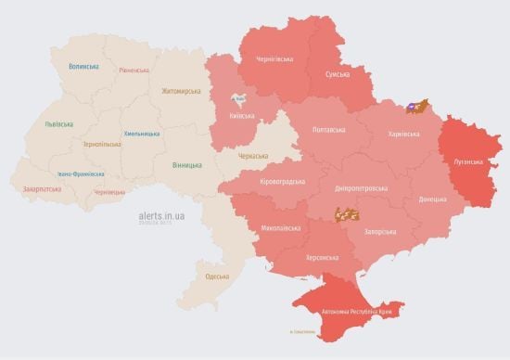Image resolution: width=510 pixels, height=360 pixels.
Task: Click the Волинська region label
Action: [83, 66]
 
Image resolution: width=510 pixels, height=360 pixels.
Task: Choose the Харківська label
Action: [402, 135]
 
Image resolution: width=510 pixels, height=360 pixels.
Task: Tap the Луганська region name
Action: [467, 161]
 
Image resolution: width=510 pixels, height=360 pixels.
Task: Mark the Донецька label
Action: [432, 199]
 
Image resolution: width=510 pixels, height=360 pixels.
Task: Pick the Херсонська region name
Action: [316, 258]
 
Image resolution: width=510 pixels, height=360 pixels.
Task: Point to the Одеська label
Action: [217, 276]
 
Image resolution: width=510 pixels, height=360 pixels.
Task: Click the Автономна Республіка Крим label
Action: [356, 312]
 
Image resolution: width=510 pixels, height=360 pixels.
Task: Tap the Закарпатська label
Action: [43, 189]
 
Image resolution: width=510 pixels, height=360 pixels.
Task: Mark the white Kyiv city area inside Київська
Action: [238, 98]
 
